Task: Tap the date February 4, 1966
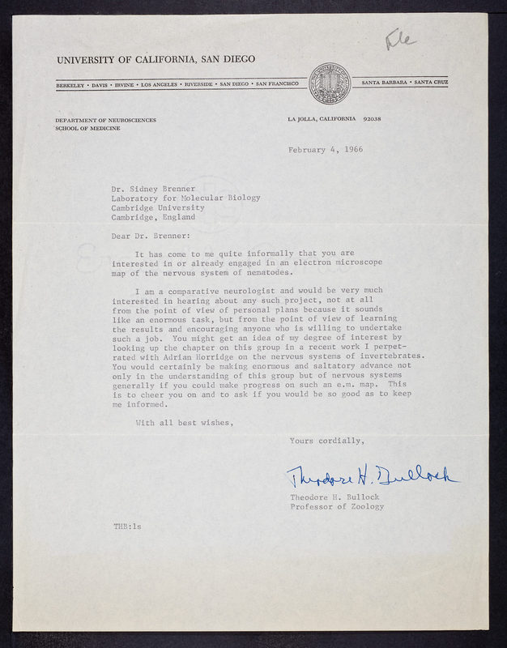pos(325,150)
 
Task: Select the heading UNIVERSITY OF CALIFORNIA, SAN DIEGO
pos(156,59)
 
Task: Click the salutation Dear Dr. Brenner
pos(149,237)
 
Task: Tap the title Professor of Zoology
pos(337,506)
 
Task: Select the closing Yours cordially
pos(327,441)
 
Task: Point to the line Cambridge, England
pos(153,216)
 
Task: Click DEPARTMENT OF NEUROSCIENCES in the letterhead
pos(106,119)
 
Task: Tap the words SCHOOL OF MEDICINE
pos(88,128)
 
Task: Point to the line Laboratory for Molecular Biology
pos(186,197)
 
